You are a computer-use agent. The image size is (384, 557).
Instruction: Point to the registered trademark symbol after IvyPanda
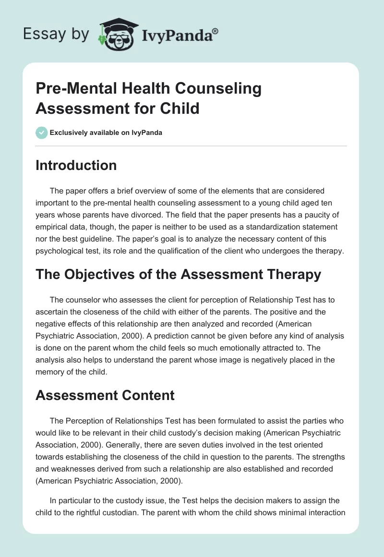(215, 31)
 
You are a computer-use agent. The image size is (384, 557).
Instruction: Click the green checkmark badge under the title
(41, 133)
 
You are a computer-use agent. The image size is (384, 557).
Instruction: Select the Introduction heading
(76, 166)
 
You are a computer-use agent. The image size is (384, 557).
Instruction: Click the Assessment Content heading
(105, 395)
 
